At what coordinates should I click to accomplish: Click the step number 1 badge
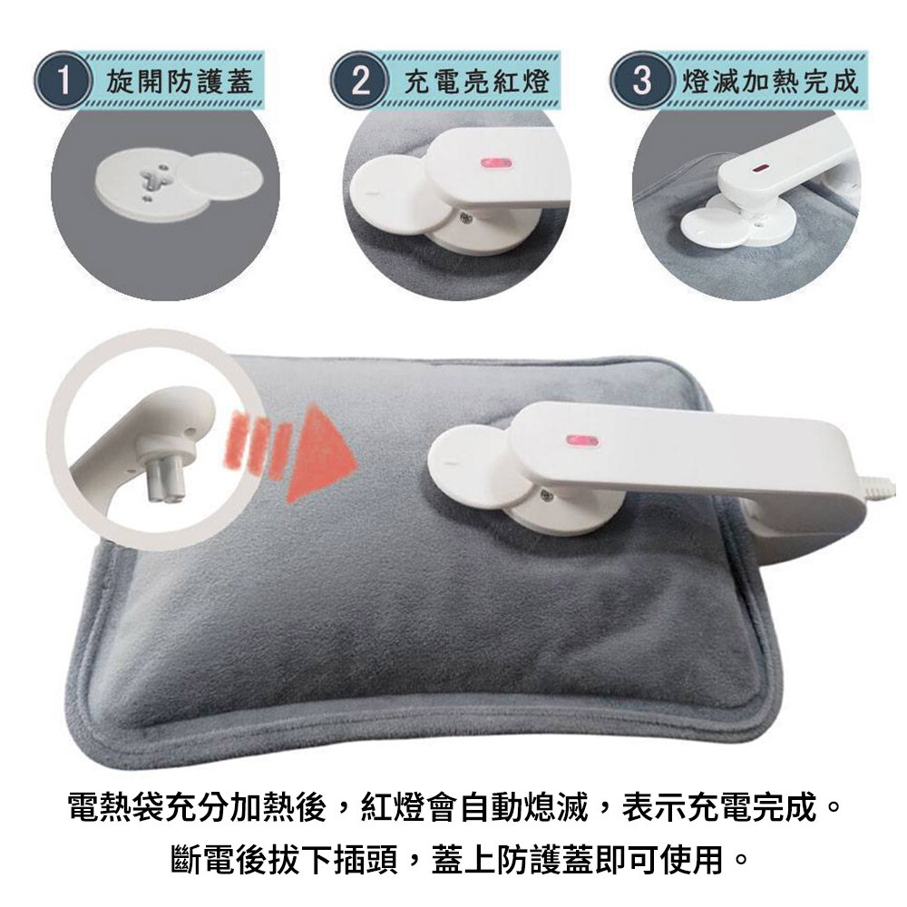pyautogui.click(x=63, y=81)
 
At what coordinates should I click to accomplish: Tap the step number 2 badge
pyautogui.click(x=360, y=81)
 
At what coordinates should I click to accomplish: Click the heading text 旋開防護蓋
pyautogui.click(x=180, y=81)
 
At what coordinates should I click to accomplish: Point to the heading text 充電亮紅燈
pyautogui.click(x=476, y=81)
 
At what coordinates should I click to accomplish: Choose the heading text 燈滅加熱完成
pyautogui.click(x=770, y=81)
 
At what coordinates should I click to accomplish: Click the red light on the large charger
pyautogui.click(x=582, y=442)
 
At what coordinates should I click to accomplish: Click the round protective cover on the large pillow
pyautogui.click(x=470, y=465)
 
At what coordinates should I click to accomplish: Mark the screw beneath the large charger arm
pyautogui.click(x=545, y=495)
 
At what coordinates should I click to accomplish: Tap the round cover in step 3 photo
pyautogui.click(x=710, y=222)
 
